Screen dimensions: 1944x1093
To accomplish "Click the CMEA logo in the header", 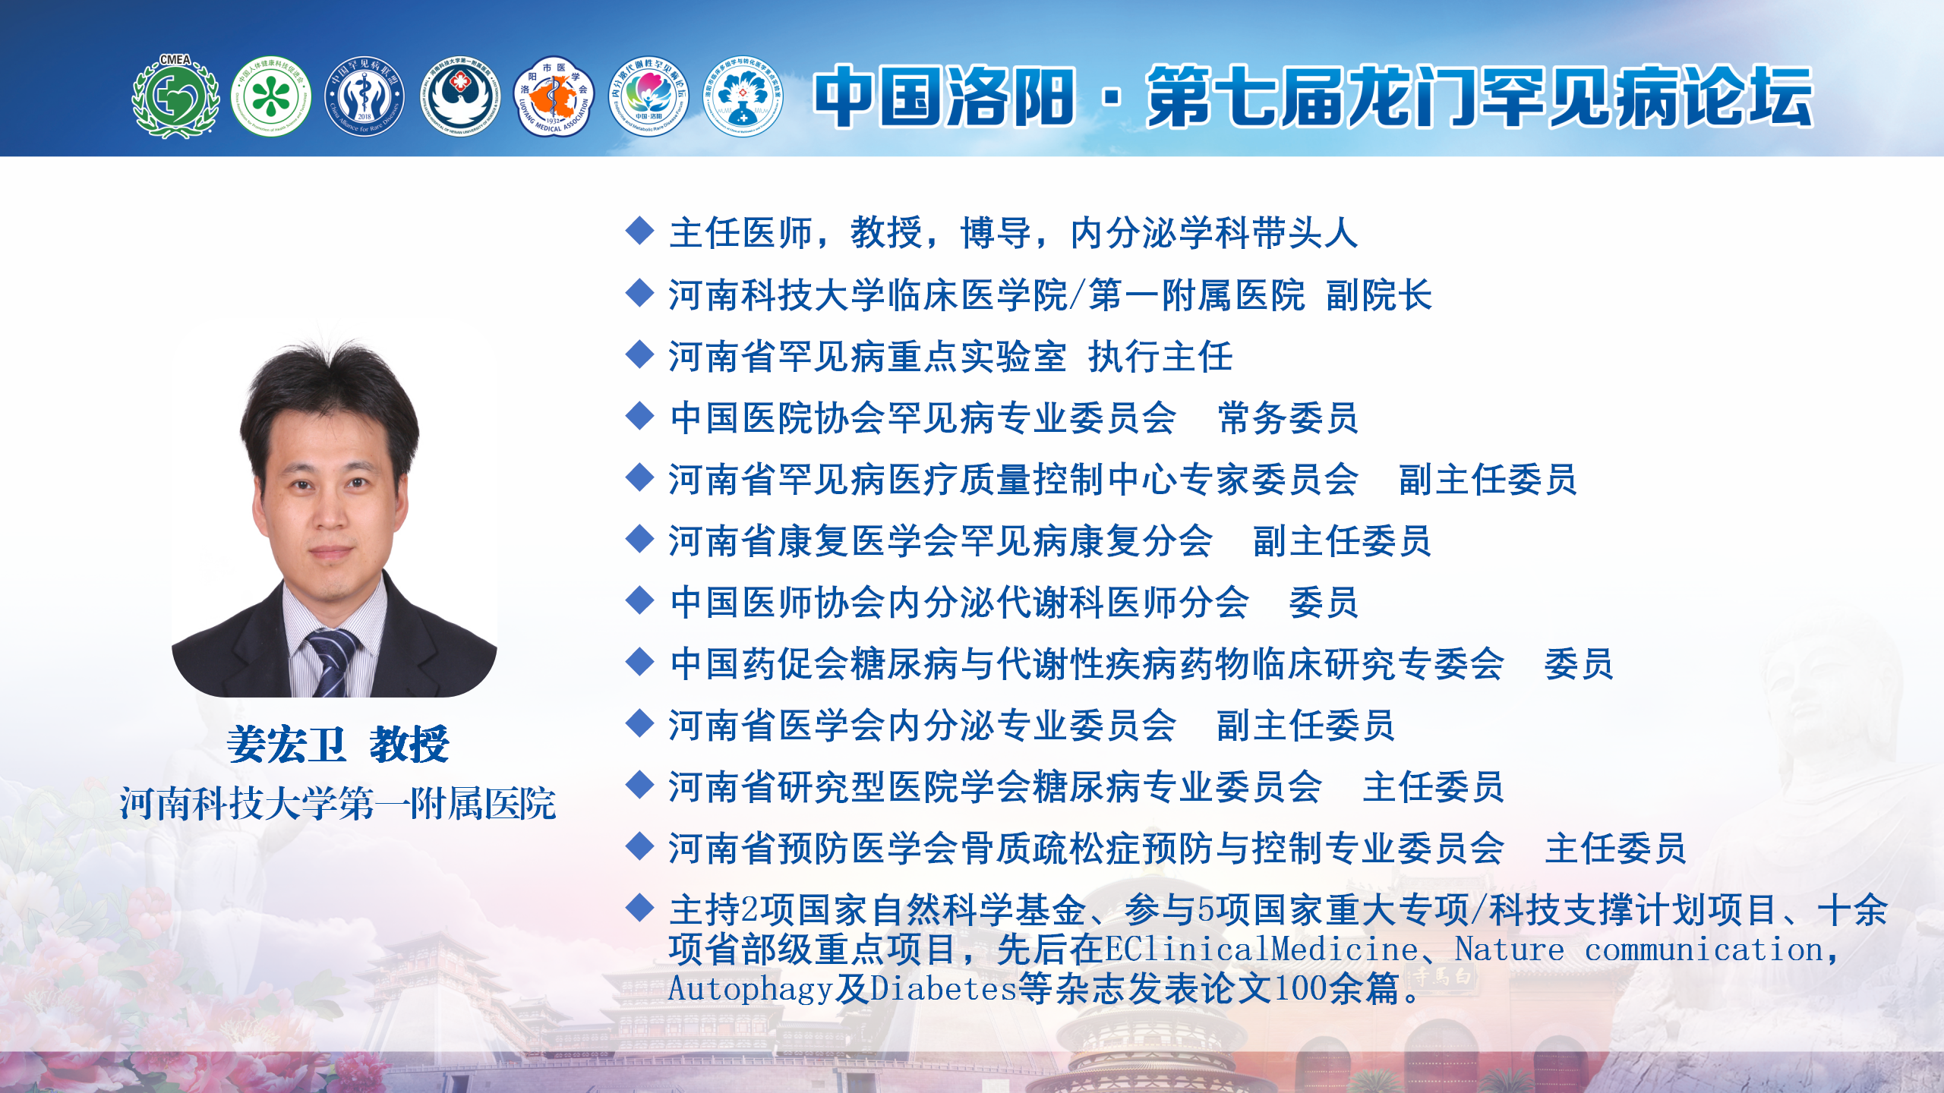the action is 175,96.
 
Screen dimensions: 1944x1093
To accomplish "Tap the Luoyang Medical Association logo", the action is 554,96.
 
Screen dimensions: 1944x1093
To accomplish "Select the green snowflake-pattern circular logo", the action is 271,96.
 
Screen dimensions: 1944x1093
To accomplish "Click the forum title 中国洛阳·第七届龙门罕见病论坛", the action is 1313,96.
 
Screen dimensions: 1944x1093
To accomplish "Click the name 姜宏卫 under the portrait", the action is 286,744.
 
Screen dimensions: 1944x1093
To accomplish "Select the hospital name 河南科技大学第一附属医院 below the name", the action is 338,804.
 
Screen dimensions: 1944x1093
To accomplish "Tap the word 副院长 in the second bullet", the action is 1379,295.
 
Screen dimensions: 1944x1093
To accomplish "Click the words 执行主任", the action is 1160,357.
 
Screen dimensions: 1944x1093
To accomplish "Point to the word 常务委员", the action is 1288,418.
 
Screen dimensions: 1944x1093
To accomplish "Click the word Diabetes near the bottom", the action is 943,988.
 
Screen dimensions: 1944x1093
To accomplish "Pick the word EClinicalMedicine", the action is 1261,950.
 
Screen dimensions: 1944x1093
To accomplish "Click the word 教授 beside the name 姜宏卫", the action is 409,744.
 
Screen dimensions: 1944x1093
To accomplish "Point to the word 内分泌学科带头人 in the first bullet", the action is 1214,233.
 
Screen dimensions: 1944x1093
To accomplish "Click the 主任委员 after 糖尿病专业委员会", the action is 1433,787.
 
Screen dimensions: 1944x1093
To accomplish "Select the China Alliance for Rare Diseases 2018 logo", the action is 365,96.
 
